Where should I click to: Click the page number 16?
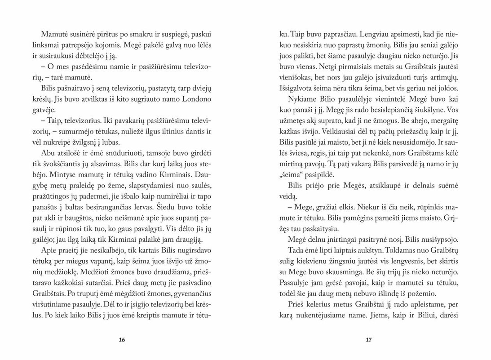[x=122, y=339]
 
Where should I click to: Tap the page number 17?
[x=369, y=339]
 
